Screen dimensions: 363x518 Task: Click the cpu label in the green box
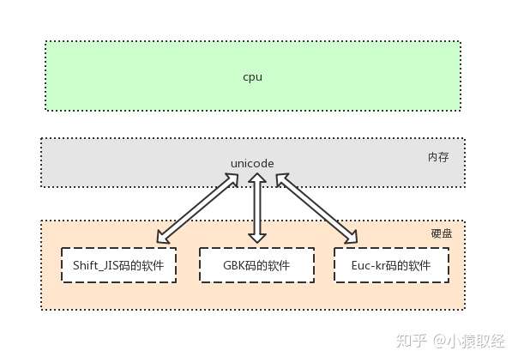point(252,77)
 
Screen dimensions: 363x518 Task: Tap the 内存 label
point(438,158)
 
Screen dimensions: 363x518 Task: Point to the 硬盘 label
point(441,233)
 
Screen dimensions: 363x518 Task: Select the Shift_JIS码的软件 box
point(118,265)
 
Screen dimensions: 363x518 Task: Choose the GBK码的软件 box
point(256,265)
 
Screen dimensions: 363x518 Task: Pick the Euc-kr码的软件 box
point(392,265)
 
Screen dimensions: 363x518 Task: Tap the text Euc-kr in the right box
point(367,265)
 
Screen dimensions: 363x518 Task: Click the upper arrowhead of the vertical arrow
point(255,178)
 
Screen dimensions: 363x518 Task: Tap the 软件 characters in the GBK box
point(278,265)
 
